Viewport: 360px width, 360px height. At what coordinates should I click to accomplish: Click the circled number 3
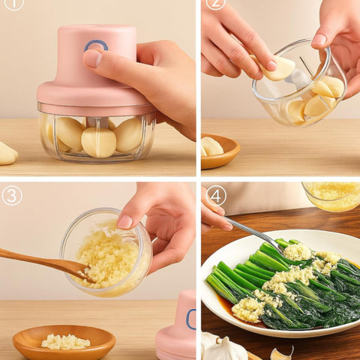[x=12, y=195]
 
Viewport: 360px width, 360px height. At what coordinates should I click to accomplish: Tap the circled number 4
[x=216, y=196]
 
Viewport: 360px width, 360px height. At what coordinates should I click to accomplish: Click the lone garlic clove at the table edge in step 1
[x=7, y=154]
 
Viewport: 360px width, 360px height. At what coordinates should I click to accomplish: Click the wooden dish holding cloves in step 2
[x=220, y=151]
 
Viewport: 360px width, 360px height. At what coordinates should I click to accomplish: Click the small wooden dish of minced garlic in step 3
[x=64, y=342]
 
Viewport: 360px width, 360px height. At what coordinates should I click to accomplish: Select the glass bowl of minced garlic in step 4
[x=332, y=196]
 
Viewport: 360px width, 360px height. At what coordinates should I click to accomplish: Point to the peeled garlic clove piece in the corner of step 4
[x=282, y=353]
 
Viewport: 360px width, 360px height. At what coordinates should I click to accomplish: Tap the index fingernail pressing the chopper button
[x=92, y=58]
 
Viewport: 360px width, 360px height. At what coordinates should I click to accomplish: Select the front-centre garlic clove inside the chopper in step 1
[x=99, y=142]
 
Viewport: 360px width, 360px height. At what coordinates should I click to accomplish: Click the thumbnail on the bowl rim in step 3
[x=124, y=221]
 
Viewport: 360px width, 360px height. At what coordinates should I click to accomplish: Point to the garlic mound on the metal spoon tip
[x=298, y=251]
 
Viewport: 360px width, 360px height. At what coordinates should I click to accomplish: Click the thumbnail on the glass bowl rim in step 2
[x=319, y=39]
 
